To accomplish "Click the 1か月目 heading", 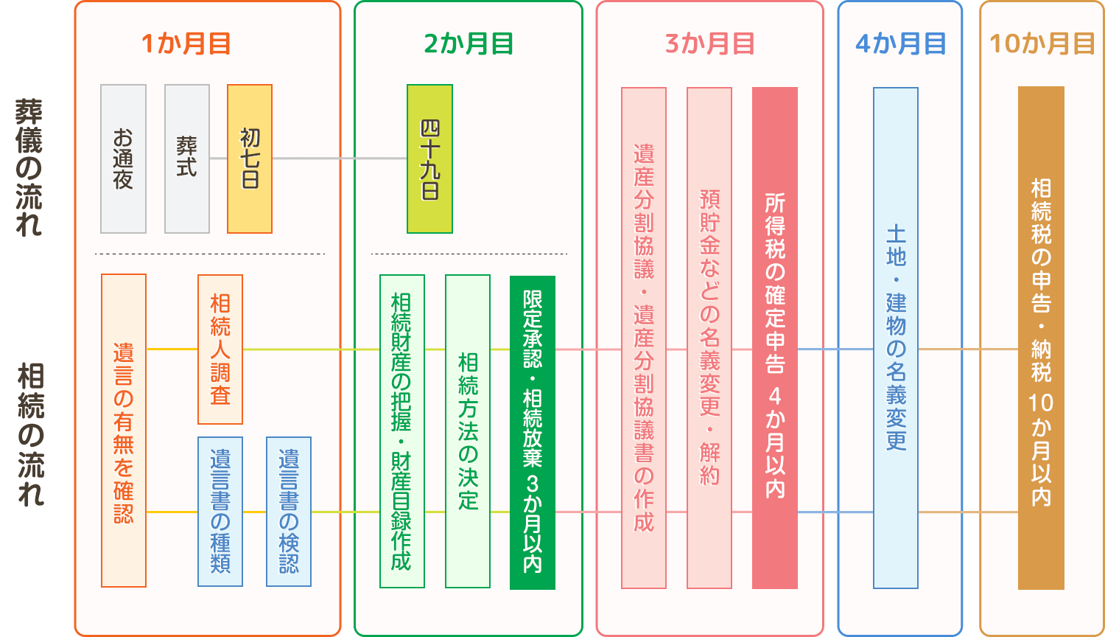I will [x=186, y=44].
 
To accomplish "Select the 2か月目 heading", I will [x=469, y=44].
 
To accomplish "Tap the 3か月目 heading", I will [x=709, y=44].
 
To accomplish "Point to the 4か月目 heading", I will [x=900, y=44].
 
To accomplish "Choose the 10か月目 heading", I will [x=1042, y=44].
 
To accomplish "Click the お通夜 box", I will [x=124, y=159].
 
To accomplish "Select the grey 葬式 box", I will [x=187, y=159].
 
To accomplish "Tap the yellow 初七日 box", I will [x=250, y=159].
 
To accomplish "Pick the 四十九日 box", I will [x=430, y=159].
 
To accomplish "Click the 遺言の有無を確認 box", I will [x=124, y=431].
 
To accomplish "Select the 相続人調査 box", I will [x=220, y=349].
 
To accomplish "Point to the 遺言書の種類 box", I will [x=220, y=512].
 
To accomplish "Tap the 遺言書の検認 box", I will [x=289, y=512].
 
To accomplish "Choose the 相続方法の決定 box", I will [x=468, y=431].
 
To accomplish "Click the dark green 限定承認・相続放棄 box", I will [x=533, y=432].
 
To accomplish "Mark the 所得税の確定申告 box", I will [x=775, y=338].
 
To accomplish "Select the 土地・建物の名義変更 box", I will [x=896, y=338].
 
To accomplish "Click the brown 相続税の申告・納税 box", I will [x=1041, y=338].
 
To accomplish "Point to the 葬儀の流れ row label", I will [x=28, y=168].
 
